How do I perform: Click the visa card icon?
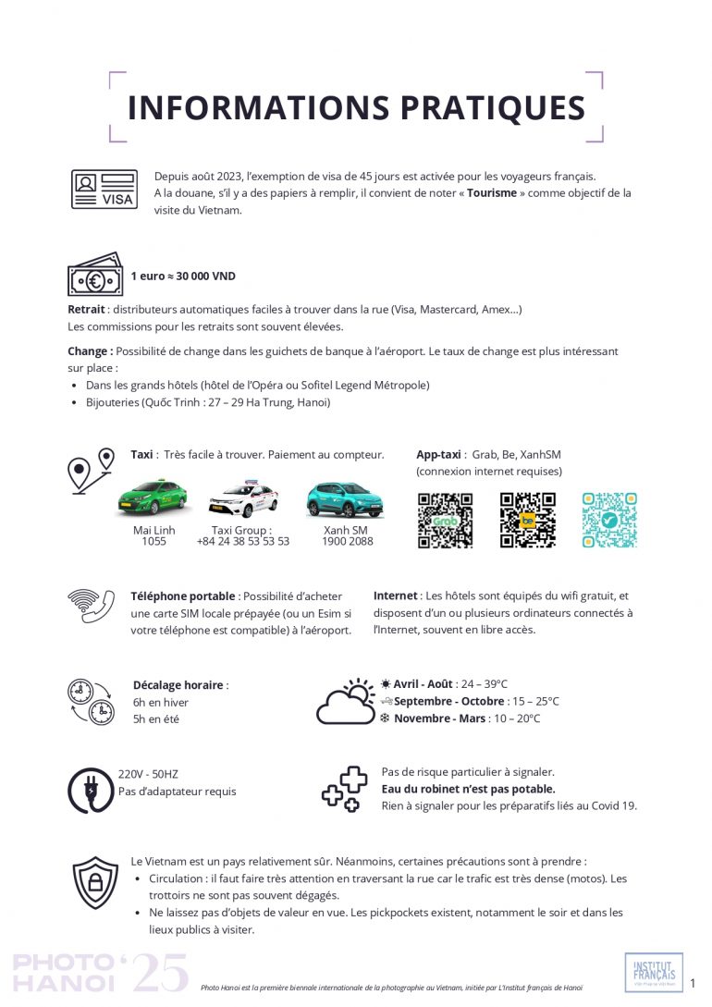pos(104,190)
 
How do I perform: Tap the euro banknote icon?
pos(94,276)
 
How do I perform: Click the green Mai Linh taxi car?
pos(153,497)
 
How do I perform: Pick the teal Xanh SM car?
pos(345,499)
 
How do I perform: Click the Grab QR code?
pos(445,520)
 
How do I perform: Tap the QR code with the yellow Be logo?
pos(528,520)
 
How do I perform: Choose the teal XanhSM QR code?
pos(609,520)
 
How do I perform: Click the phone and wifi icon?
pos(91,607)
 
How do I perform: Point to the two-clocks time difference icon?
pos(91,701)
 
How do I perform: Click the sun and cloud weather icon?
pos(346,701)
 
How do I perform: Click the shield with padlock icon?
pos(95,881)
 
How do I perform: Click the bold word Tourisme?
pos(491,193)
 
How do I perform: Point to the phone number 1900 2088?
pos(348,542)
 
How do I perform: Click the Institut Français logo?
pos(654,972)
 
